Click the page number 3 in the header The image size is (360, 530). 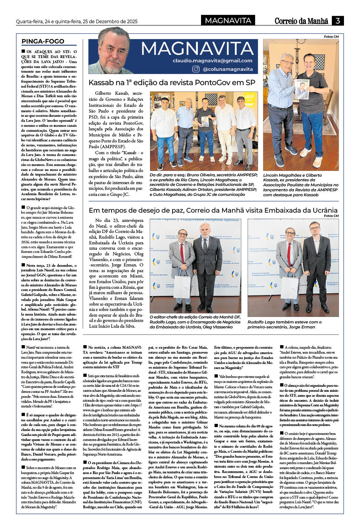338,21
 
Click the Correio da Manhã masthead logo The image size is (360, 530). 301,21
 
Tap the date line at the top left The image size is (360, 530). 77,21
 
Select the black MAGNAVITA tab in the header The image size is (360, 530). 228,21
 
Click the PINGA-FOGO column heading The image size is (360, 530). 43,41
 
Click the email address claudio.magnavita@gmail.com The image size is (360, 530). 212,61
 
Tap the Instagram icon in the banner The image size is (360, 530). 196,69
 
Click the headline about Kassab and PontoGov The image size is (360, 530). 172,83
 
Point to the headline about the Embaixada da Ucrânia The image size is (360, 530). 213,210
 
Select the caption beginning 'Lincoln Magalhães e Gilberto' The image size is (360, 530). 300,185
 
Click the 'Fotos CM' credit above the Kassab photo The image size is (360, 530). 331,37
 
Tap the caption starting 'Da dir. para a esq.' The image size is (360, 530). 203,185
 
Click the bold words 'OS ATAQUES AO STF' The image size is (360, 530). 51,52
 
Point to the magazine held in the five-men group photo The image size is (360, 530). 205,121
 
